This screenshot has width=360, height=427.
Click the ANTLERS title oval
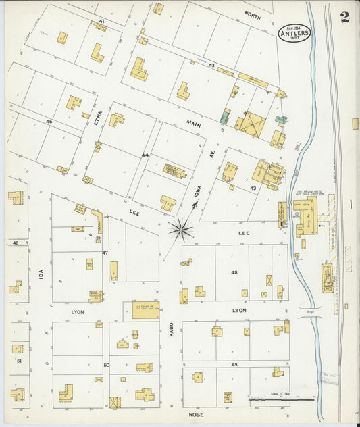294,32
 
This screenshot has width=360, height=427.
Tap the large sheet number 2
345,17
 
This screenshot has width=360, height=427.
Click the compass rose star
180,229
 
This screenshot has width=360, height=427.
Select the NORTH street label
252,14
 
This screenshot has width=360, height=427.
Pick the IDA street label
41,275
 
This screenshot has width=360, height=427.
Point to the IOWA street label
197,194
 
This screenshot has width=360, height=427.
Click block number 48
234,272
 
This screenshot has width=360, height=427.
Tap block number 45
49,121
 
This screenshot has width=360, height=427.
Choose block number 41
101,22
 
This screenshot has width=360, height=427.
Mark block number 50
106,365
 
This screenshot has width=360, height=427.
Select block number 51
19,361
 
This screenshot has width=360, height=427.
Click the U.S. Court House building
143,309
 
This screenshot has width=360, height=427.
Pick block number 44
145,155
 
